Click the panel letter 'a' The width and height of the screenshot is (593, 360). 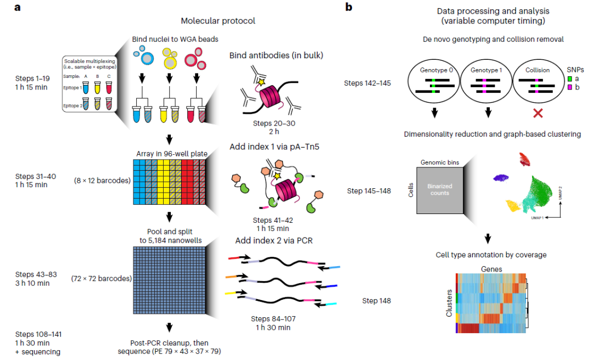(x=9, y=8)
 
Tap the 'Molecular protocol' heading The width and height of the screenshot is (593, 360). (x=218, y=21)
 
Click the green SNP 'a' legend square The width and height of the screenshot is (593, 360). (x=571, y=79)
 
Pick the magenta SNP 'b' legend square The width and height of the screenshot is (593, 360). (x=571, y=88)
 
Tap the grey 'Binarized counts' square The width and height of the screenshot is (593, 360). (x=439, y=190)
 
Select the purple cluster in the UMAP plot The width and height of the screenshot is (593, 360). (x=501, y=178)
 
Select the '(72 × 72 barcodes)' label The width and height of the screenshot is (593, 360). (x=101, y=278)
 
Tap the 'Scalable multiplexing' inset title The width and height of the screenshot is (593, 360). (x=88, y=60)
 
